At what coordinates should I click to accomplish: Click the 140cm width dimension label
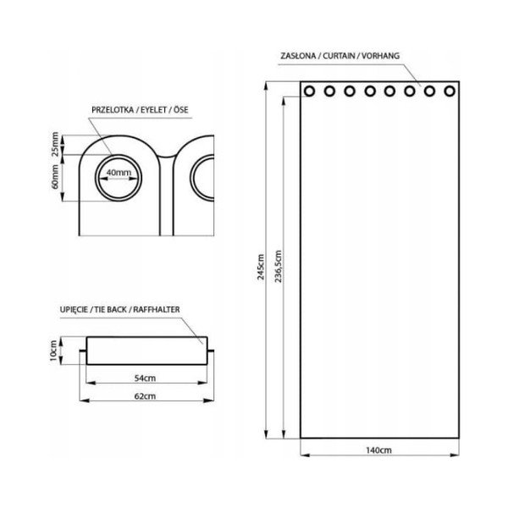378,450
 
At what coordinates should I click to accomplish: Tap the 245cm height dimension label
261,267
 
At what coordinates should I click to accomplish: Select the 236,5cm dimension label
279,266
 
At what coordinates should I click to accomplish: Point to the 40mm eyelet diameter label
119,173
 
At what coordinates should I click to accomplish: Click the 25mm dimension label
56,144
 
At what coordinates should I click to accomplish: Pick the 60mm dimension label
56,177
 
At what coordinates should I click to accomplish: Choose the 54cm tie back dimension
145,378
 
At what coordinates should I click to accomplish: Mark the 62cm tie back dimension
145,396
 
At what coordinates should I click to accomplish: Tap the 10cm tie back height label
54,351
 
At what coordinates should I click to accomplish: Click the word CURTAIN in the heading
339,56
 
